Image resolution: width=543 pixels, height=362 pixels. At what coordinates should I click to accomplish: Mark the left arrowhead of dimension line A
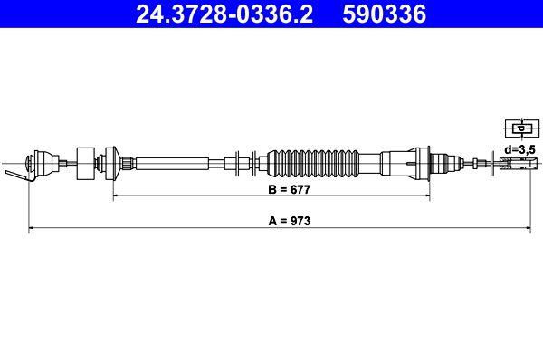click(33, 231)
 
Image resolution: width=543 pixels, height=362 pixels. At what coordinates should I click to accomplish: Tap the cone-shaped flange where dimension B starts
click(114, 163)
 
